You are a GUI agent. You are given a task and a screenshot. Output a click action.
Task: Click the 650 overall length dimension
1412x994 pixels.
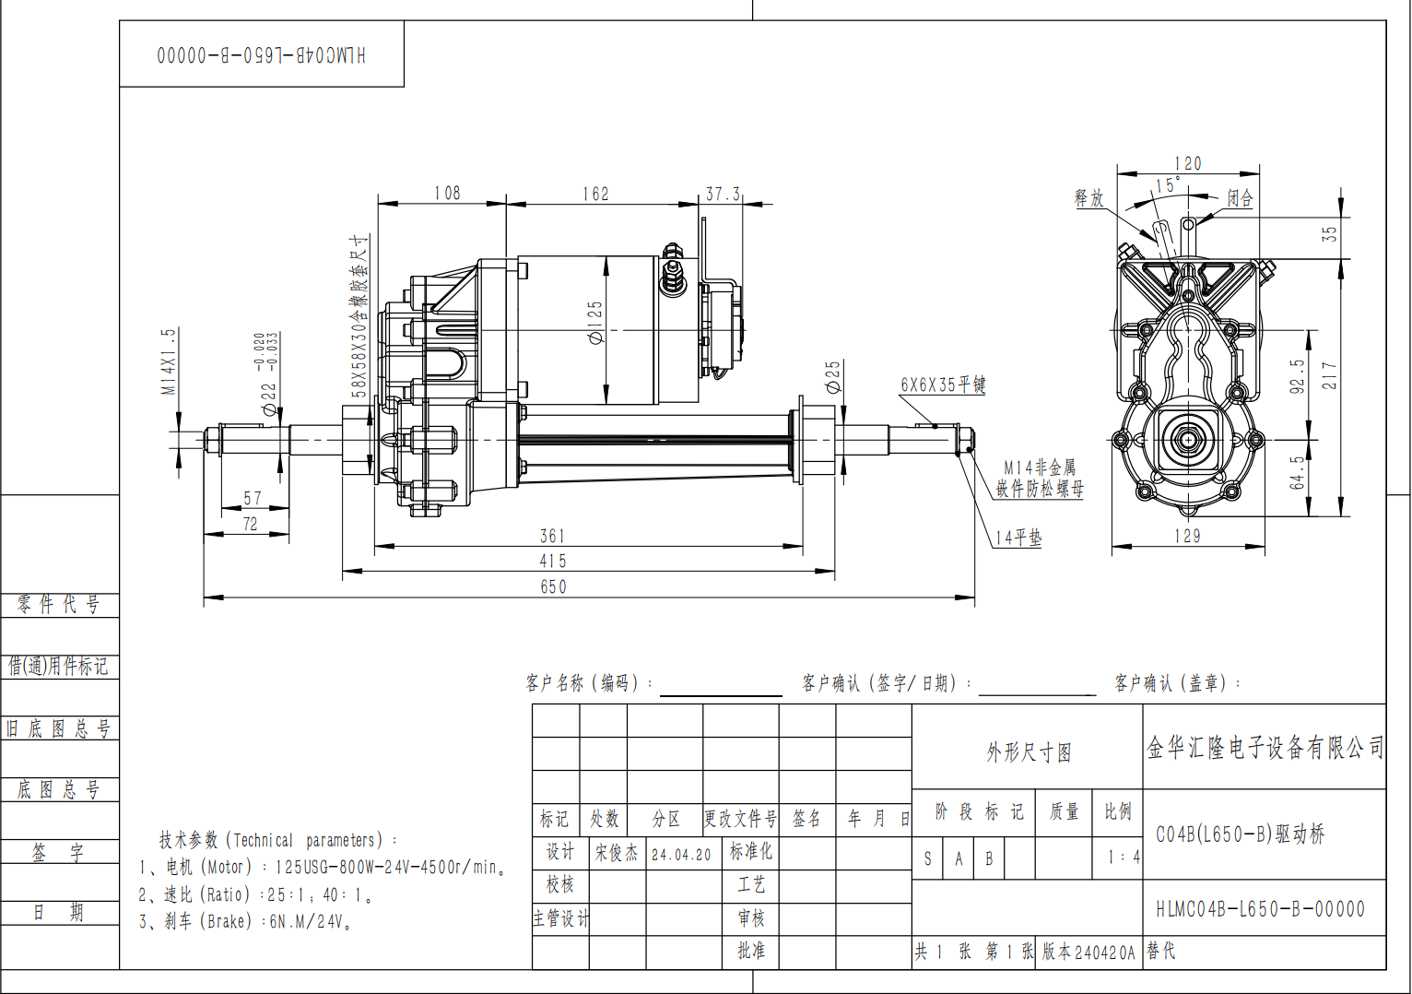pyautogui.click(x=553, y=586)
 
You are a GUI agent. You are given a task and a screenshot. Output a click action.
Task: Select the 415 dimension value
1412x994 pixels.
pyautogui.click(x=553, y=561)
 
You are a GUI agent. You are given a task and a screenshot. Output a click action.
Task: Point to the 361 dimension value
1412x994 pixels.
pyautogui.click(x=552, y=536)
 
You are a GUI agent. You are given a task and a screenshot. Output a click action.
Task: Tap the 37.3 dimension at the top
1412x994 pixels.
pyautogui.click(x=723, y=194)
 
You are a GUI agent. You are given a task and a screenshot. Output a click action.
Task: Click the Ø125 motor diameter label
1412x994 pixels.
pyautogui.click(x=595, y=323)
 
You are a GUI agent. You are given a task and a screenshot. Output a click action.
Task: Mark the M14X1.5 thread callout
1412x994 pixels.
pyautogui.click(x=169, y=362)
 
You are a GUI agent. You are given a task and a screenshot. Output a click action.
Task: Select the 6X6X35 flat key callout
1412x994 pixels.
pyautogui.click(x=943, y=385)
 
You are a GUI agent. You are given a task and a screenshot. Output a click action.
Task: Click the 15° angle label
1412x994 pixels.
pyautogui.click(x=1168, y=185)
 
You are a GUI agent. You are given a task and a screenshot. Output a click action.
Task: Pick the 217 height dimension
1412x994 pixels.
pyautogui.click(x=1329, y=376)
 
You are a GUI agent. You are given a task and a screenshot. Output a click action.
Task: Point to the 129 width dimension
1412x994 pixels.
pyautogui.click(x=1188, y=536)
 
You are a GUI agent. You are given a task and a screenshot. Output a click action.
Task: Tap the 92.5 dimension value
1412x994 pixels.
pyautogui.click(x=1298, y=376)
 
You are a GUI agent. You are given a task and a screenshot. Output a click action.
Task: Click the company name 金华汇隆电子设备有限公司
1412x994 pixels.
pyautogui.click(x=1265, y=748)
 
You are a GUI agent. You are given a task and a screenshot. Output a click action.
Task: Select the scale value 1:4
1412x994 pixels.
pyautogui.click(x=1124, y=858)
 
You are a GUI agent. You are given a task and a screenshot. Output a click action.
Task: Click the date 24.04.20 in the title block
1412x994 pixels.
pyautogui.click(x=681, y=855)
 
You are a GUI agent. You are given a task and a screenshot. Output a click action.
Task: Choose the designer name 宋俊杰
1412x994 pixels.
pyautogui.click(x=617, y=853)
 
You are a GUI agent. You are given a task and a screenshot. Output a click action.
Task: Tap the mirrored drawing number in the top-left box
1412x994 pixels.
pyautogui.click(x=262, y=55)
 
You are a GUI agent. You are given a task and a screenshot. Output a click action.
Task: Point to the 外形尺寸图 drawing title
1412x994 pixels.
pyautogui.click(x=1029, y=751)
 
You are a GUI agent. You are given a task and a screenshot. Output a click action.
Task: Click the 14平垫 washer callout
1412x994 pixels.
pyautogui.click(x=1018, y=538)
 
